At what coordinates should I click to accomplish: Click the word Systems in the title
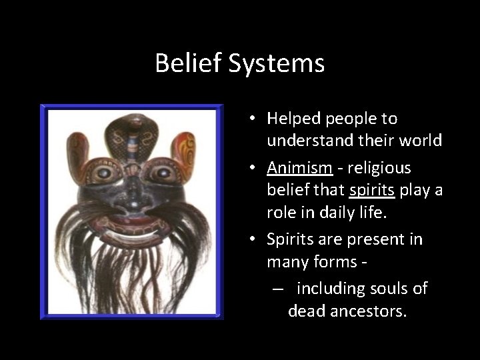280,64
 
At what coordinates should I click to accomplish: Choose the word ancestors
367,311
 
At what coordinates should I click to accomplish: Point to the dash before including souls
275,289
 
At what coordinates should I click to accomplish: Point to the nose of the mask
133,195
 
